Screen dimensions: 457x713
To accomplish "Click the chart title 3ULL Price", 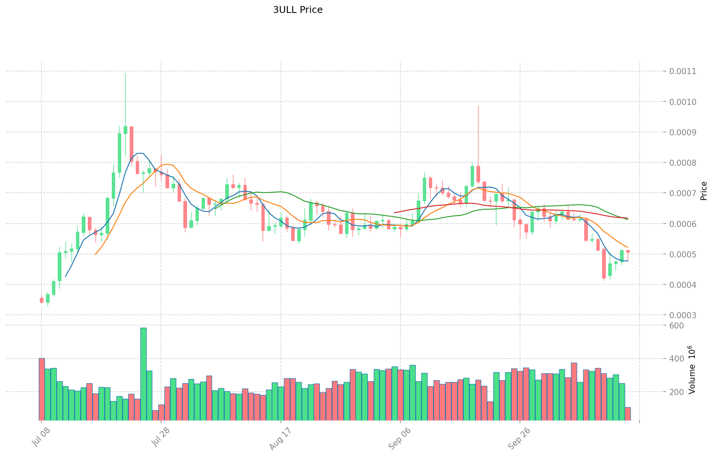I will tap(298, 10).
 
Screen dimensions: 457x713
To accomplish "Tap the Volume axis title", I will tap(692, 370).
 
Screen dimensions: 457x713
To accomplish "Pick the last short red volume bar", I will tap(628, 414).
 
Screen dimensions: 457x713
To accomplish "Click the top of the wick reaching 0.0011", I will tap(125, 74).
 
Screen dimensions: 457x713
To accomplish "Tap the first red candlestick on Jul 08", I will tap(41, 300).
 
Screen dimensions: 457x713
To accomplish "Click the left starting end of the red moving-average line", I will tap(394, 213).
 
